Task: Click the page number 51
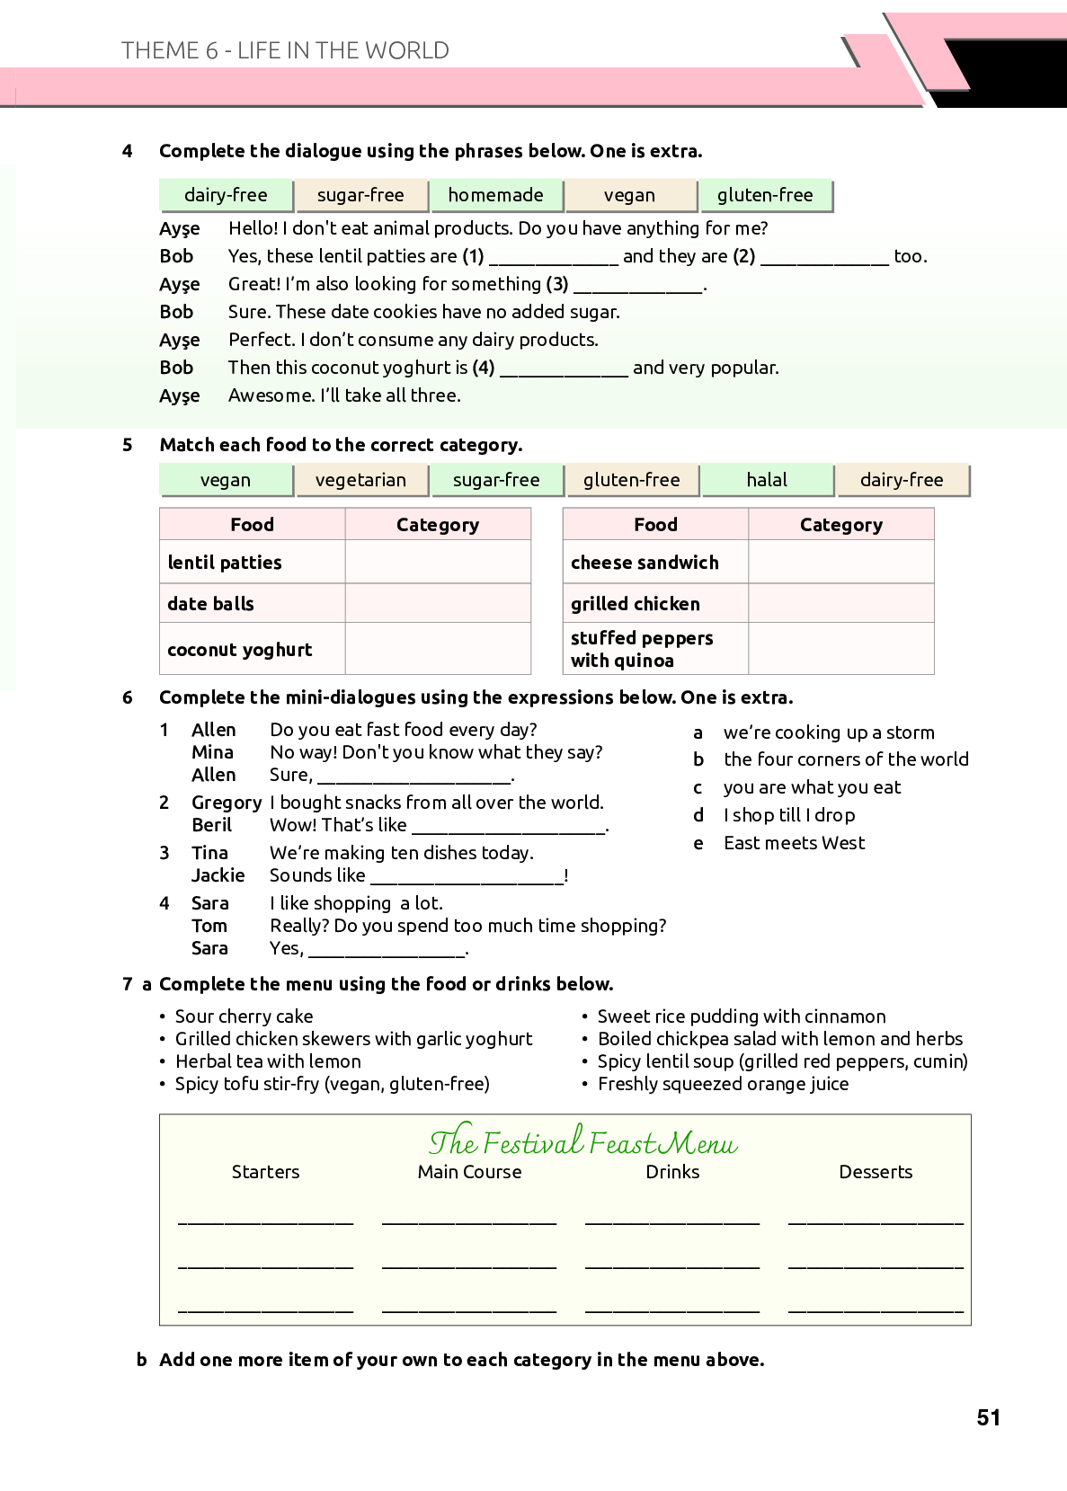click(988, 1417)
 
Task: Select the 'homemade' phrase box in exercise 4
click(495, 195)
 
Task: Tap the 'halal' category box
click(767, 480)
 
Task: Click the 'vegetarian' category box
click(360, 480)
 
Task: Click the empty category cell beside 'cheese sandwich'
click(840, 563)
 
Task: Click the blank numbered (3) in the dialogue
click(638, 287)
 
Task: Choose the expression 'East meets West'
click(794, 843)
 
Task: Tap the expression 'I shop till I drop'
click(789, 815)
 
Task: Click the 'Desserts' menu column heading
click(875, 1172)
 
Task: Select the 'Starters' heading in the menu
click(265, 1172)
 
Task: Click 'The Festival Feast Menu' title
click(582, 1142)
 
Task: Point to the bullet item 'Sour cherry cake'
click(244, 1016)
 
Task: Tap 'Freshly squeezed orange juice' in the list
click(723, 1084)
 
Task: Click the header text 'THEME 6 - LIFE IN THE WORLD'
click(285, 50)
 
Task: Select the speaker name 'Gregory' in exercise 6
click(227, 803)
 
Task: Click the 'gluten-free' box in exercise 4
click(765, 195)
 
